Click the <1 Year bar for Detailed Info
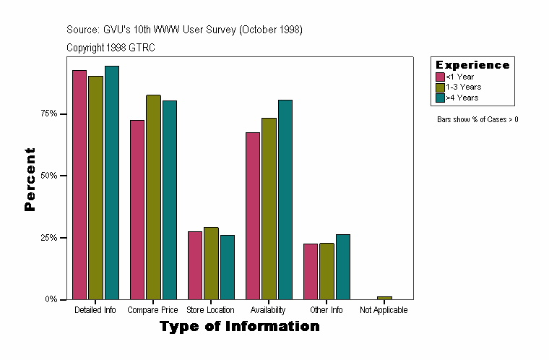(79, 184)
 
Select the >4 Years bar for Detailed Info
(111, 182)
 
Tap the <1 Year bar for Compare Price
(137, 210)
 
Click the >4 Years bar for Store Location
(227, 267)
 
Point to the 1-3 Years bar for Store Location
(211, 263)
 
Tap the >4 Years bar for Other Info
(342, 267)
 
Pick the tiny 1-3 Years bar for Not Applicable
(384, 298)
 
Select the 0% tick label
(51, 299)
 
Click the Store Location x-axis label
(210, 310)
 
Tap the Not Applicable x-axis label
(384, 310)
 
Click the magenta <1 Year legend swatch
(440, 77)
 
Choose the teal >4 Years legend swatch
(440, 97)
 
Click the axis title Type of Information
(240, 327)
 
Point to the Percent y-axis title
(30, 179)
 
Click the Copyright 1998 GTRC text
(111, 48)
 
